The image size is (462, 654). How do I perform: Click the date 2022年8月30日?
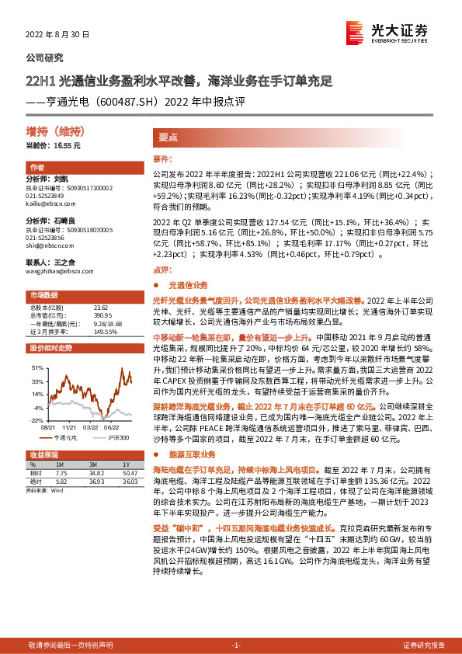point(58,35)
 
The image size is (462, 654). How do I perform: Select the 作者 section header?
point(36,168)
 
